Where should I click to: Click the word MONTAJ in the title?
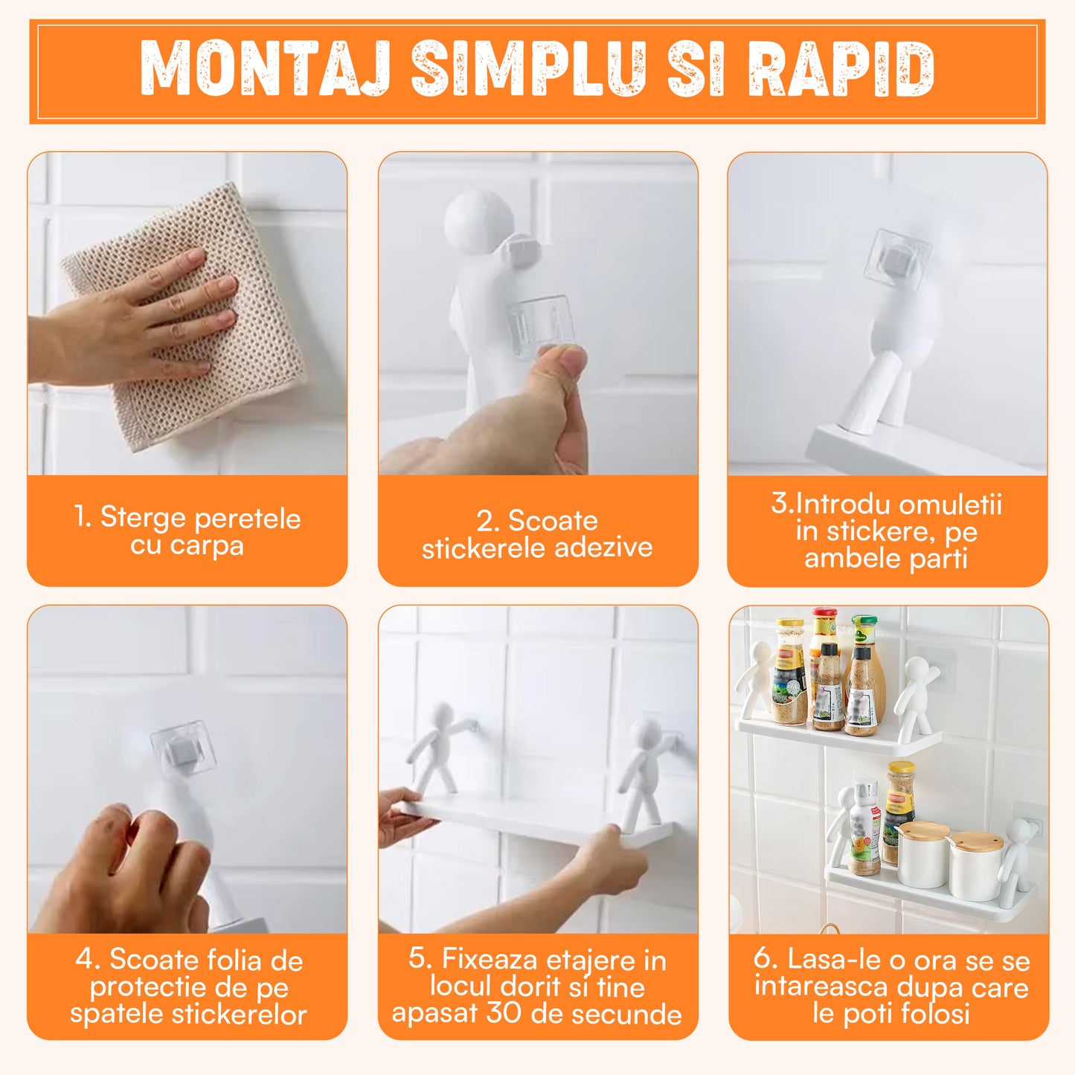point(265,68)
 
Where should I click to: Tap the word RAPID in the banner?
point(841,68)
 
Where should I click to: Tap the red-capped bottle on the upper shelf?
point(824,655)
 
